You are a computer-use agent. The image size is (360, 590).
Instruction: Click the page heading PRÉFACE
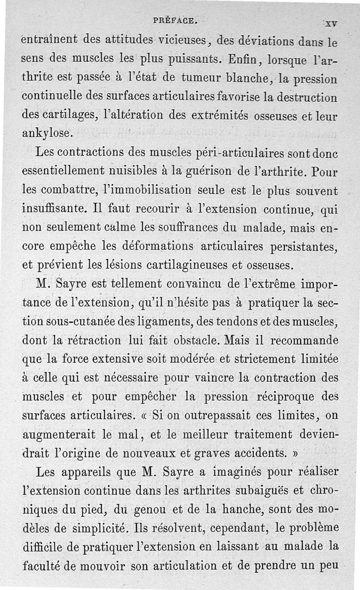pyautogui.click(x=174, y=20)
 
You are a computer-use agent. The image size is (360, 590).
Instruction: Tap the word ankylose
pyautogui.click(x=46, y=134)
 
